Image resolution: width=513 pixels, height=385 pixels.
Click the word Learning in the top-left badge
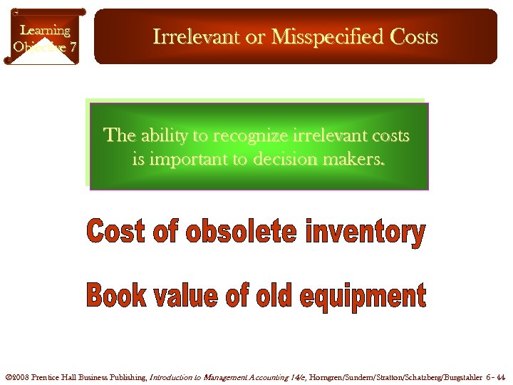point(45,31)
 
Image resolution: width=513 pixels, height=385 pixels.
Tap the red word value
point(190,295)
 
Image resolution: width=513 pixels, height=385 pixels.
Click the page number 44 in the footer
point(500,376)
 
